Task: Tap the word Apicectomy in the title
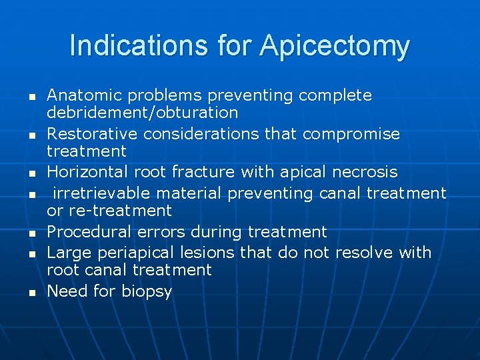tap(335, 46)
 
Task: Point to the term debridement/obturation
tap(142, 112)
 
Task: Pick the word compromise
tap(351, 133)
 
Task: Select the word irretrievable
tap(95, 193)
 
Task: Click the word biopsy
tap(147, 291)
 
